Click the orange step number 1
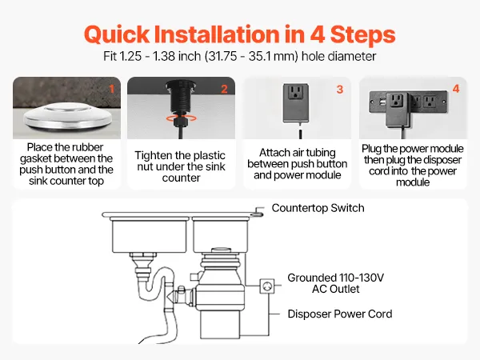[112, 89]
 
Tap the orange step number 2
[224, 89]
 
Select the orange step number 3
[340, 90]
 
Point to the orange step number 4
[456, 89]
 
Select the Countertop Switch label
[318, 208]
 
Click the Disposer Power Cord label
[340, 314]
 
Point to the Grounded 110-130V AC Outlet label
[335, 283]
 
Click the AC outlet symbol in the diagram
[267, 286]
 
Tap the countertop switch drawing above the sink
[258, 211]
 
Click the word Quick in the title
[117, 34]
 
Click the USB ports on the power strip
[382, 101]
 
